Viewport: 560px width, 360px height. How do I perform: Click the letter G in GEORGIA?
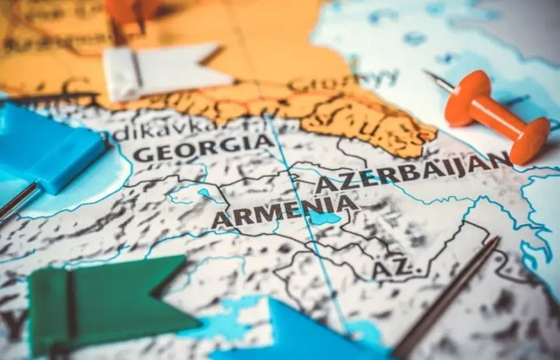pyautogui.click(x=143, y=154)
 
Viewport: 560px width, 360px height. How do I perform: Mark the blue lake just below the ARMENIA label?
pyautogui.click(x=325, y=219)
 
